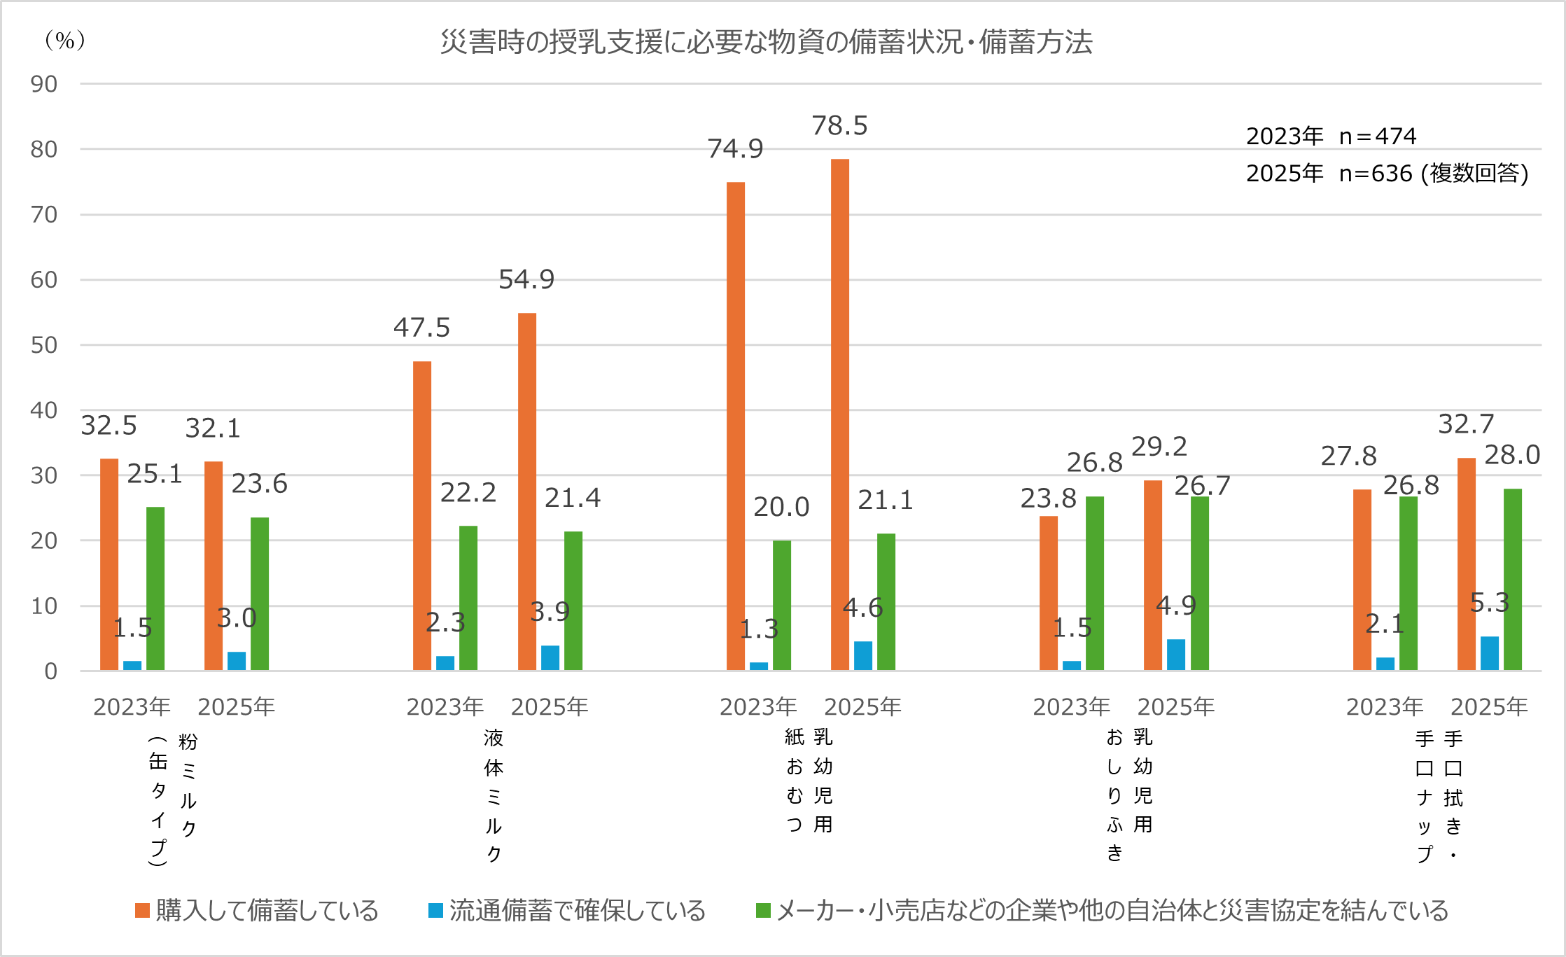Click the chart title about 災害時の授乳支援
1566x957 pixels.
pos(766,42)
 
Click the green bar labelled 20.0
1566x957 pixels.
pos(781,606)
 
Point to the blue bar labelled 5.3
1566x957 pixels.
pos(1489,653)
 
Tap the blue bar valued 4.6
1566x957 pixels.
pos(862,655)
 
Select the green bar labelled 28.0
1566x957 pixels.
pos(1512,580)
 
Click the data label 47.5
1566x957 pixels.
pos(421,328)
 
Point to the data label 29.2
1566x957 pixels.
pos(1159,447)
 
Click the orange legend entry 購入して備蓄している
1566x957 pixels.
pos(257,911)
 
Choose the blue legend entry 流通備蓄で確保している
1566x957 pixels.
pos(567,911)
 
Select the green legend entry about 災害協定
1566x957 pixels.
pos(1103,911)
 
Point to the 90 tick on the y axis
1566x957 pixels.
pos(43,84)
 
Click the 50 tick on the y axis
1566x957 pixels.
pos(43,345)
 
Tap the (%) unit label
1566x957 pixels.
pos(64,41)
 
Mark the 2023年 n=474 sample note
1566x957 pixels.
pos(1331,136)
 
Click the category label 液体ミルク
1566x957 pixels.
pos(494,795)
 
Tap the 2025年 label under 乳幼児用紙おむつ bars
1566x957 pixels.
pos(862,707)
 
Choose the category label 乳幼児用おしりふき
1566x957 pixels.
pos(1128,794)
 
